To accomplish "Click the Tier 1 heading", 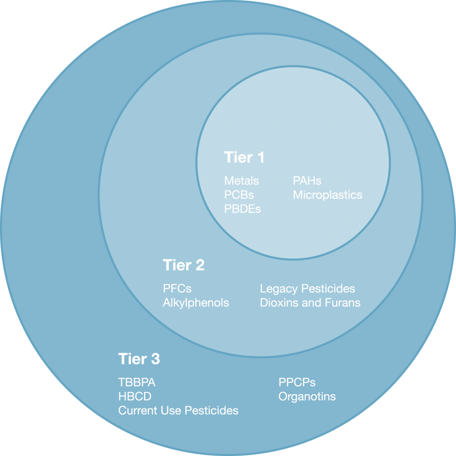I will (x=244, y=157).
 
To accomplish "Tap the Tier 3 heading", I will (x=139, y=358).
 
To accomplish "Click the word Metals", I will (x=241, y=181).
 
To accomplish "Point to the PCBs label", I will (x=239, y=195).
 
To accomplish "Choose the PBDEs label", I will (x=243, y=208).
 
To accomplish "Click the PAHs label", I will (x=307, y=181).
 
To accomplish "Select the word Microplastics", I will (x=327, y=195).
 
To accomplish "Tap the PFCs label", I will (x=177, y=289).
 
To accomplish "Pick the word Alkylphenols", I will (x=196, y=303).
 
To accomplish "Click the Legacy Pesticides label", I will (x=307, y=289).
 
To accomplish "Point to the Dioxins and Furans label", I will (x=310, y=303).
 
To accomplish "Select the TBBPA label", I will (x=137, y=383).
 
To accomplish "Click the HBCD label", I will (x=135, y=396).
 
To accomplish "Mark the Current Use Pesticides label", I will (x=178, y=410).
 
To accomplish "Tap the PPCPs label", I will (x=297, y=383).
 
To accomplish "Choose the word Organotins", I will (x=307, y=396).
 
